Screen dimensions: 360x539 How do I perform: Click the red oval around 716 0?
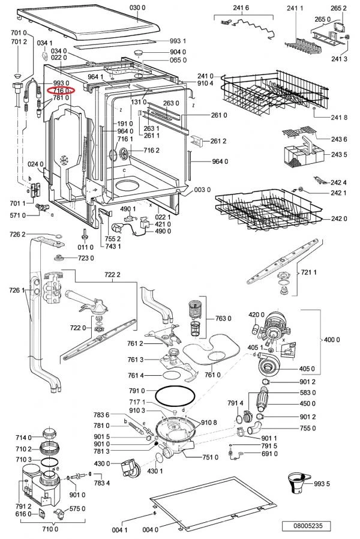[61, 91]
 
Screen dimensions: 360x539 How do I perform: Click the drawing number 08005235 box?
[307, 526]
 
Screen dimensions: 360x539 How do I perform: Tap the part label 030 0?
[137, 8]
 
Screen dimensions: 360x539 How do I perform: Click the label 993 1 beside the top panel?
[178, 41]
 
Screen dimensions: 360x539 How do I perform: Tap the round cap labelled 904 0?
[139, 53]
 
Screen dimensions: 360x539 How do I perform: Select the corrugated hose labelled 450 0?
[263, 399]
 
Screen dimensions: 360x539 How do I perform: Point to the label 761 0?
[212, 375]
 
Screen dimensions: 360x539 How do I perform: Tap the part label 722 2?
[112, 275]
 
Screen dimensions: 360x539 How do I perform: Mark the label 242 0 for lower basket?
[339, 218]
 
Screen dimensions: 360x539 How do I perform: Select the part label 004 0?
[150, 530]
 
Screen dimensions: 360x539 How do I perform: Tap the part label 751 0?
[210, 457]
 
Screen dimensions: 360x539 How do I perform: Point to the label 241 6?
[241, 8]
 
